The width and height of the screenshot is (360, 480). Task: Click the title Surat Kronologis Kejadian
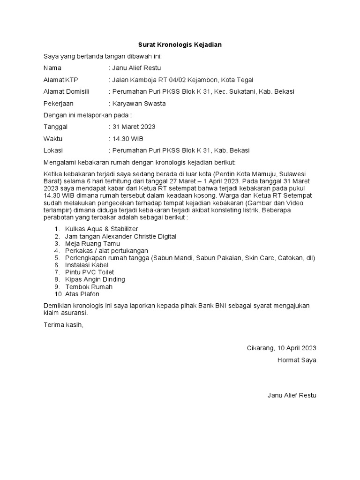point(180,45)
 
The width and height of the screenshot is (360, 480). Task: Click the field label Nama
point(52,68)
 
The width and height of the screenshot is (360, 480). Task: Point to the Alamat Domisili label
point(66,91)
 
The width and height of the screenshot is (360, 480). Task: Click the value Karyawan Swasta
point(139,104)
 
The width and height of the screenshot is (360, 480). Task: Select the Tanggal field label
point(55,127)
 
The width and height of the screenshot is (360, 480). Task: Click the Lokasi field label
point(53,150)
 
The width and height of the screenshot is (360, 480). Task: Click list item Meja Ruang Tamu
point(92,243)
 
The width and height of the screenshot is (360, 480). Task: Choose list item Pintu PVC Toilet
point(90,272)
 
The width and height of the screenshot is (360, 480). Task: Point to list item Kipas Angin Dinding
point(95,279)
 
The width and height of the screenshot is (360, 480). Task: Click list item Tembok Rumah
point(89,287)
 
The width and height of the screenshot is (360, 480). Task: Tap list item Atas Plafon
point(82,294)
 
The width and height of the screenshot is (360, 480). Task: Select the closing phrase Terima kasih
point(63,324)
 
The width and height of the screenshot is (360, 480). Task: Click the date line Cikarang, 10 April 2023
point(281,348)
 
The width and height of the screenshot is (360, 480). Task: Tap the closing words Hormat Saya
point(297,360)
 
